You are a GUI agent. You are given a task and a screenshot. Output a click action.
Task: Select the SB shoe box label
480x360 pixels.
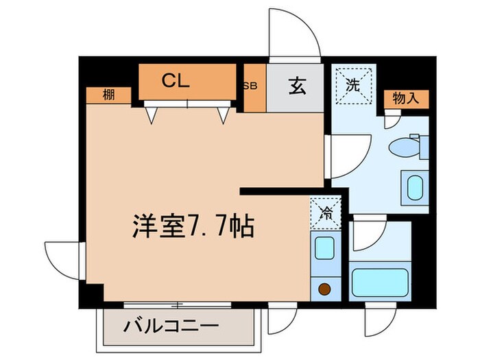tap(250, 87)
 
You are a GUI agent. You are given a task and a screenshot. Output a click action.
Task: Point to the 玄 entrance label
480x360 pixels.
tap(296, 87)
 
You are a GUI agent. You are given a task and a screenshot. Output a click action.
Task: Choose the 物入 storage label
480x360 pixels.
tap(406, 99)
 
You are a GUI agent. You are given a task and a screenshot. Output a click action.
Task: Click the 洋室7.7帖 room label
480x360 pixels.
tap(193, 226)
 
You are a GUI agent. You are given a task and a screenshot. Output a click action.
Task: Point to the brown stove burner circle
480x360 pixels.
tap(324, 289)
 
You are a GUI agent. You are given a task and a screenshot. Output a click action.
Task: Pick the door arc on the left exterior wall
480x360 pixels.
tap(64, 259)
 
